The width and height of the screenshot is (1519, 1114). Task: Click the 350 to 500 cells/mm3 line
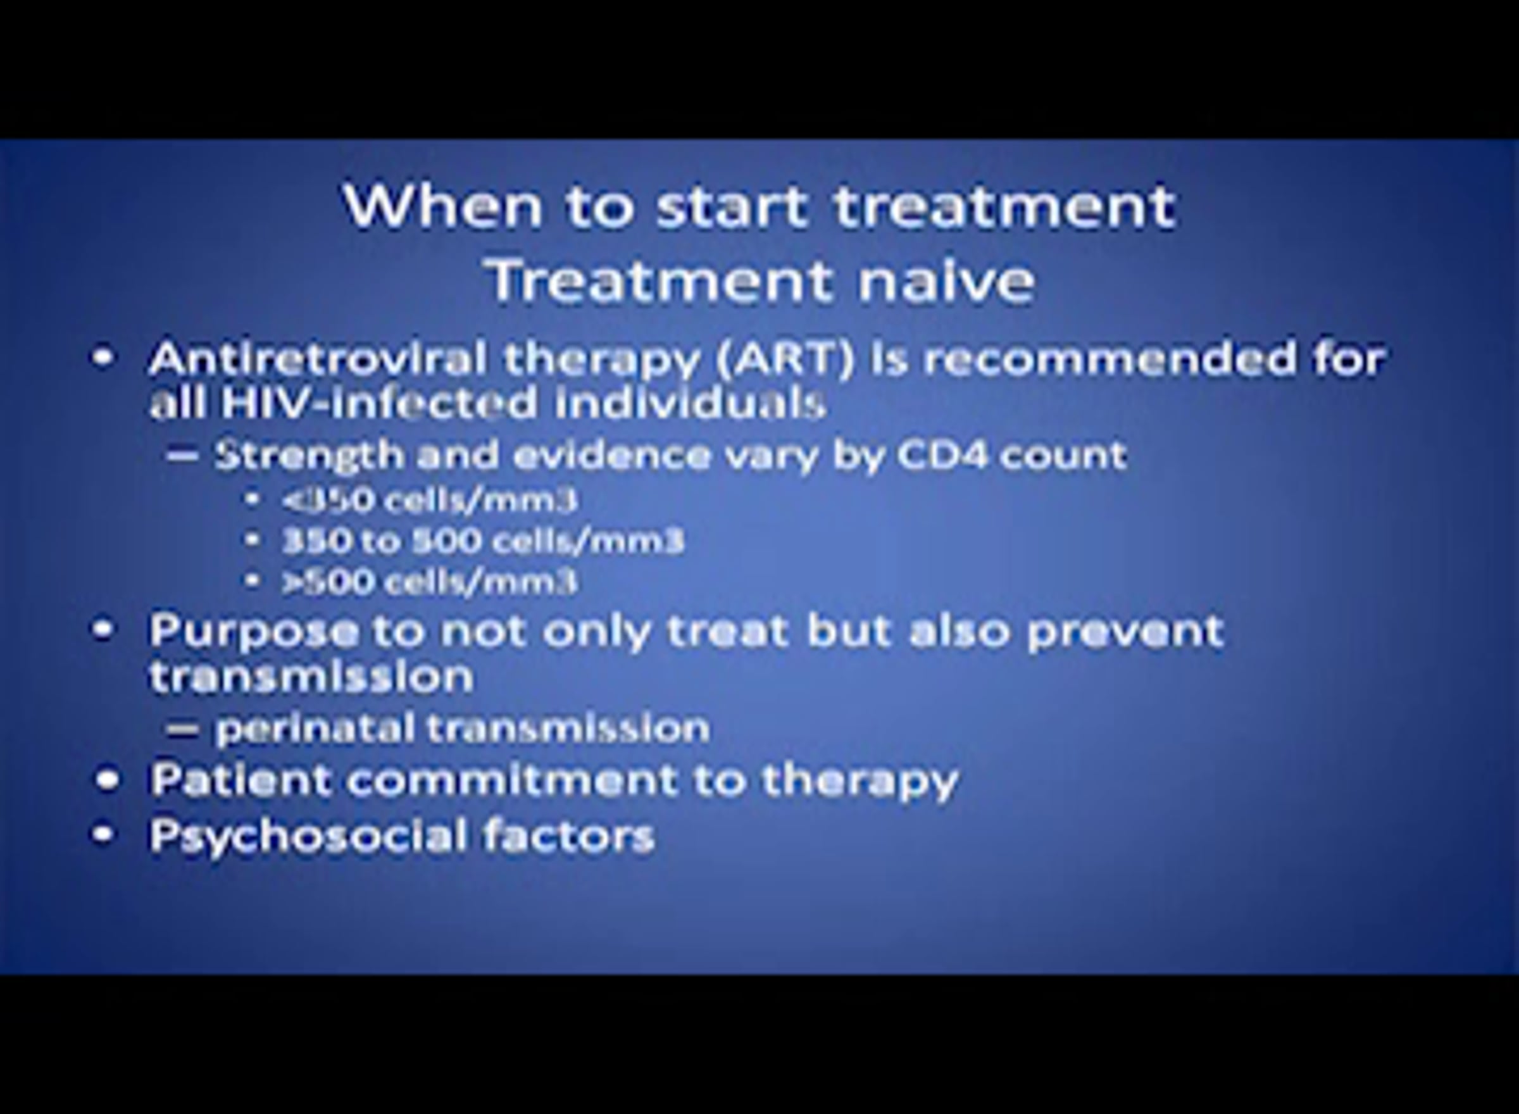pos(483,540)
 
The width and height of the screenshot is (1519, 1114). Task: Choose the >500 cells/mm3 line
pos(430,580)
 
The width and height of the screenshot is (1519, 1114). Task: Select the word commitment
pos(513,779)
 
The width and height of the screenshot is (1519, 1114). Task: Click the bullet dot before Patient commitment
pos(106,780)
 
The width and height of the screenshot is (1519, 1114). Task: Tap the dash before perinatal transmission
pos(182,729)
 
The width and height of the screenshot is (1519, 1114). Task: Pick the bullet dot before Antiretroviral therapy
pos(103,358)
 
